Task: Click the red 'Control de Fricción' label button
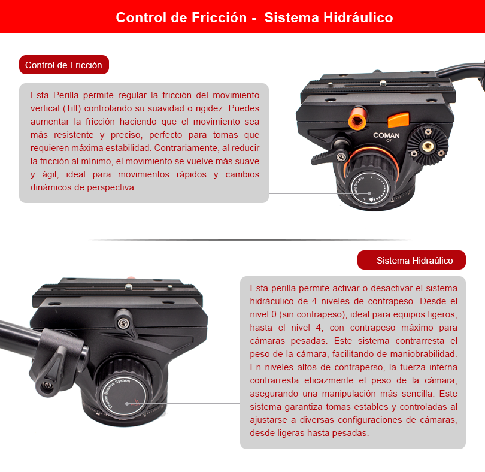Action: [64, 65]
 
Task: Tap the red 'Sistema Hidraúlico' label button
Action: [411, 260]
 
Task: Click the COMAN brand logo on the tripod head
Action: [386, 135]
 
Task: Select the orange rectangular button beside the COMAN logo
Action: [398, 120]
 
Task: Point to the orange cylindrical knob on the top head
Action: [358, 118]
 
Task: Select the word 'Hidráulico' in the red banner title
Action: [358, 17]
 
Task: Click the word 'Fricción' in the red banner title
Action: [219, 17]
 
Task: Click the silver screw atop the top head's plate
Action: [383, 83]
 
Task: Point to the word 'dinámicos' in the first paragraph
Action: [50, 187]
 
